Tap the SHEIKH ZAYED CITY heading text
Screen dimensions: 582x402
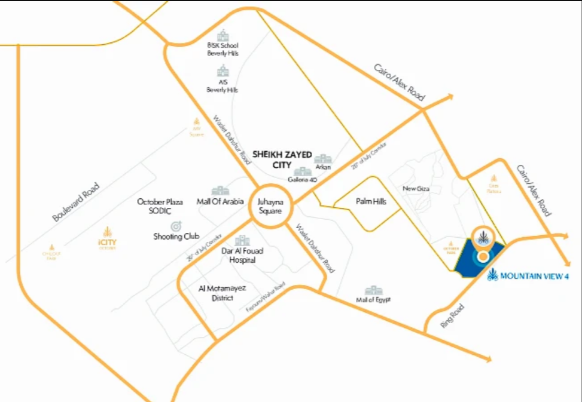[x=282, y=159]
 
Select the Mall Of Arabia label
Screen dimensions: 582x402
[x=220, y=201]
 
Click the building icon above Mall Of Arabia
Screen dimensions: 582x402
[x=220, y=191]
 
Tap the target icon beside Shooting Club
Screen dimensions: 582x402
[x=176, y=226]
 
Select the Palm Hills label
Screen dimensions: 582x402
[x=371, y=202]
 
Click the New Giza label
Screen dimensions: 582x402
[x=417, y=189]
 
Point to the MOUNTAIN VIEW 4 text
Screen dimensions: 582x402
[x=534, y=276]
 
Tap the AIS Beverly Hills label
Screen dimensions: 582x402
[x=223, y=86]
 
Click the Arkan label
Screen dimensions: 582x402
[x=323, y=167]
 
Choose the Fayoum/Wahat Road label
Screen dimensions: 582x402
[x=263, y=305]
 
